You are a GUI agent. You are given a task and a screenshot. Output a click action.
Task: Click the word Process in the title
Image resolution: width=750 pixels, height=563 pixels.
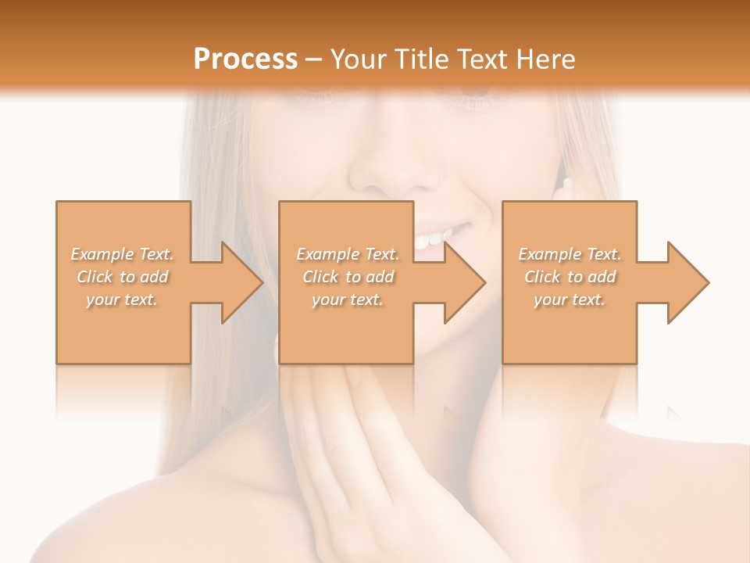[245, 59]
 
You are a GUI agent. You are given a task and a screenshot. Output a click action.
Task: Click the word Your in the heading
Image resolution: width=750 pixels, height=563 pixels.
[359, 59]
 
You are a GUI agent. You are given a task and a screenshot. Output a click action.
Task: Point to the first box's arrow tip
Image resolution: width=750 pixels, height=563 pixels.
[259, 282]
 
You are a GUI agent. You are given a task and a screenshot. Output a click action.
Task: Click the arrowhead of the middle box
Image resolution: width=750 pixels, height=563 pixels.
[482, 282]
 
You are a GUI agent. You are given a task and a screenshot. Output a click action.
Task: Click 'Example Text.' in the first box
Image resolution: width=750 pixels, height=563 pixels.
[123, 254]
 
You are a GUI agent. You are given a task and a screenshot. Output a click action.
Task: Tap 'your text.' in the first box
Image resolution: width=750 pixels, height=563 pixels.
[123, 299]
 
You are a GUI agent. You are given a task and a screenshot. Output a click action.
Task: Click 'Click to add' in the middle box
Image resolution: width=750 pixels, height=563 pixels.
[348, 277]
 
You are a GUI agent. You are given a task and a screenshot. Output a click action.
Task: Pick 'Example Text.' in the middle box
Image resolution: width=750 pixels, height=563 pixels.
[348, 254]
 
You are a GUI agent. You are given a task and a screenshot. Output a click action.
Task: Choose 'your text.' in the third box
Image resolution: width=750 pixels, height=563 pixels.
[570, 299]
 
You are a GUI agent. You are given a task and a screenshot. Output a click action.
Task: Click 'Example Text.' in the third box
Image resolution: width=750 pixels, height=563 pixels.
[570, 254]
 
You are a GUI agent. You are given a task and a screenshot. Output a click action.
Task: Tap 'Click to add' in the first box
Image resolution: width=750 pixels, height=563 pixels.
[123, 277]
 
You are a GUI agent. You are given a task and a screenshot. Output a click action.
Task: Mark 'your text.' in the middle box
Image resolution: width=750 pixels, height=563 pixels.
[348, 299]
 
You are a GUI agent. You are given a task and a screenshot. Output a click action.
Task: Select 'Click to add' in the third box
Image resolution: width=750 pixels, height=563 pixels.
[570, 277]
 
